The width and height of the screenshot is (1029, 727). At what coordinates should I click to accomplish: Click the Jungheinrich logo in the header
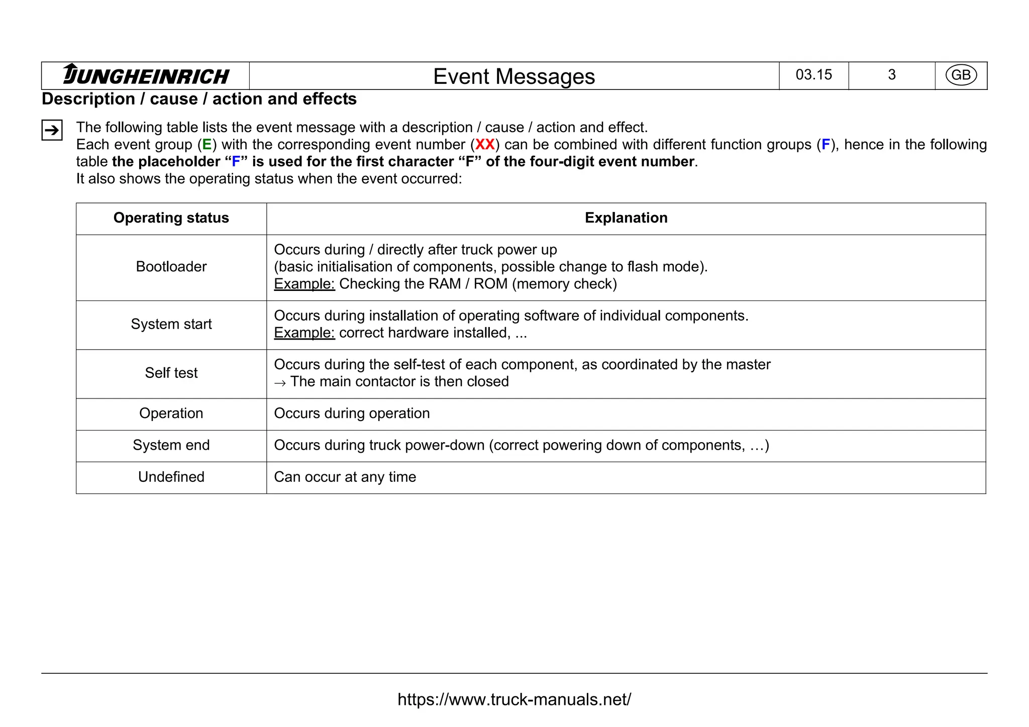coord(146,75)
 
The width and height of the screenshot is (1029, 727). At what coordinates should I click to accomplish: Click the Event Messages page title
coord(513,76)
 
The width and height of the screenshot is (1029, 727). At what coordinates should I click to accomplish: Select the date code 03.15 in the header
coord(813,75)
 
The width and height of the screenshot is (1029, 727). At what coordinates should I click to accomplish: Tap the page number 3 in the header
coord(891,75)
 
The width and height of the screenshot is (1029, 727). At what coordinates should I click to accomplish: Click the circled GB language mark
coord(961,75)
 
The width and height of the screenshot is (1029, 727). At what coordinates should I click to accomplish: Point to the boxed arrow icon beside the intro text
coord(52,131)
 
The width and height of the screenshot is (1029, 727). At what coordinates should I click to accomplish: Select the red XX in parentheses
coord(485,145)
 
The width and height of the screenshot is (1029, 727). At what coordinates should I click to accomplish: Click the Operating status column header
coord(171,218)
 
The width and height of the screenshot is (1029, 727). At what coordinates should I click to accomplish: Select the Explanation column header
coord(626,218)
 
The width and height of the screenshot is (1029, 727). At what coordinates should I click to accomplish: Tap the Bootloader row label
coord(171,267)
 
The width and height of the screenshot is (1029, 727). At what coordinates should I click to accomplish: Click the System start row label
coord(171,324)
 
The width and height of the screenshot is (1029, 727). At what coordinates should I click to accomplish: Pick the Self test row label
coord(171,373)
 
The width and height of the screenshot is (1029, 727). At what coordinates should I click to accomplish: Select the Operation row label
coord(171,413)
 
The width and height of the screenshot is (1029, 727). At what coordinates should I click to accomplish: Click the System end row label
coord(171,445)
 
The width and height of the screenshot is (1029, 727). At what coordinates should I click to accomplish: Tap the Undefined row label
coord(171,477)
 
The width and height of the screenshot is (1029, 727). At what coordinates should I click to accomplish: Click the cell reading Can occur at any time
coord(345,477)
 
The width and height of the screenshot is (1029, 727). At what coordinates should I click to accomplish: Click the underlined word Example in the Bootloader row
coord(304,284)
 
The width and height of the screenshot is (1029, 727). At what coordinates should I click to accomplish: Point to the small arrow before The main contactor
coord(280,383)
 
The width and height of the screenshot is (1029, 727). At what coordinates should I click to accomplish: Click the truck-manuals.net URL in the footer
coord(514,699)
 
